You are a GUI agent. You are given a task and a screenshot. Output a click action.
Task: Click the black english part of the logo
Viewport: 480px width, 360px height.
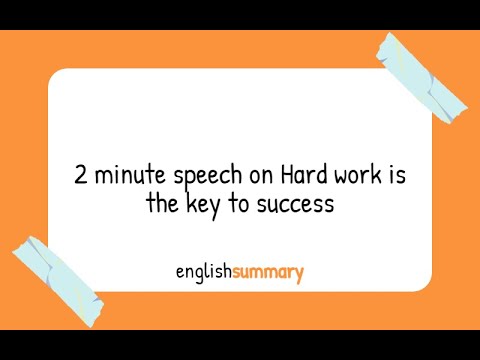tap(203, 271)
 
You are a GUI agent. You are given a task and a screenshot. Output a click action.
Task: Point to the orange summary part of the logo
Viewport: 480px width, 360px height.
tap(267, 271)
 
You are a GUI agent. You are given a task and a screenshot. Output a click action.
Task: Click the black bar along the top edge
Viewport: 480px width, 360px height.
tap(240, 14)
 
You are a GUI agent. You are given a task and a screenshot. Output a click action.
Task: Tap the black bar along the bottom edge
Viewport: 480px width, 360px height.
tap(240, 345)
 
